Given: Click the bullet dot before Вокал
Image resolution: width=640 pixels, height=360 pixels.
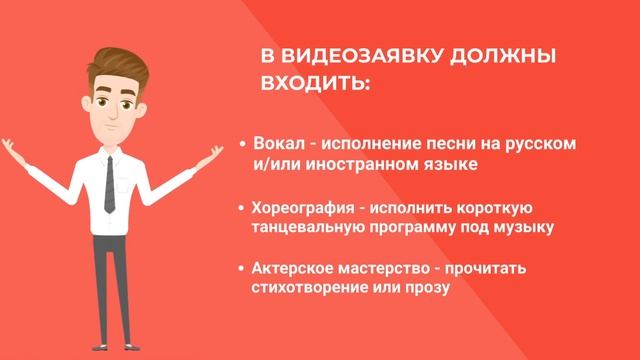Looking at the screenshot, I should tap(244, 144).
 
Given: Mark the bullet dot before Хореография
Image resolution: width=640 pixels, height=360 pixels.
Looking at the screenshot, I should tap(243, 209).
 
